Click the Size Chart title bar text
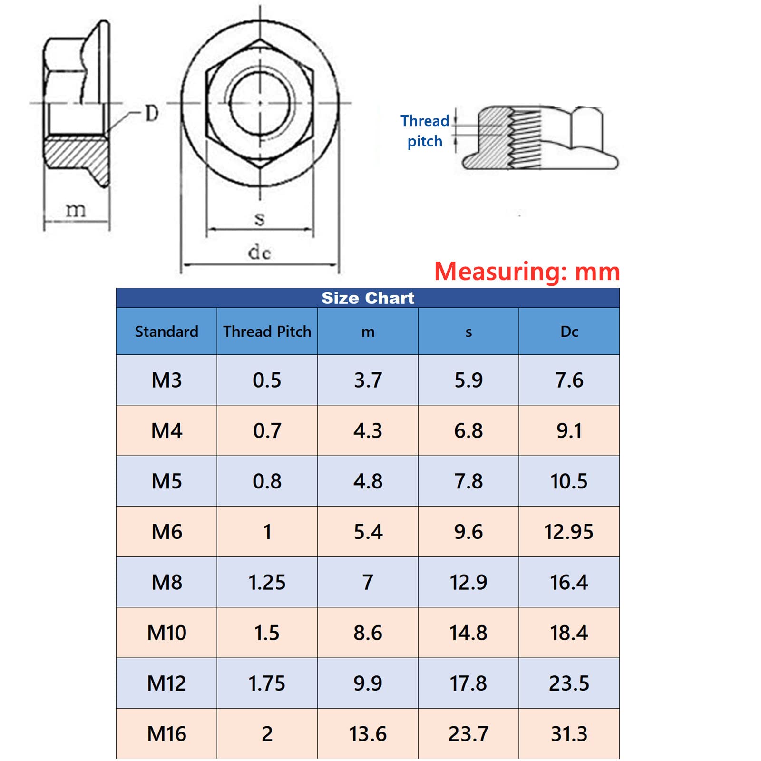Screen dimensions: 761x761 click(x=368, y=298)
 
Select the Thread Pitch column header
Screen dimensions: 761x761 click(x=267, y=332)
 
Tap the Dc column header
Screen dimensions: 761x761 click(x=569, y=332)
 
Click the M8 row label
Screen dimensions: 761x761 click(x=166, y=582)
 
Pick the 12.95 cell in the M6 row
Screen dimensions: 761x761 click(x=569, y=532)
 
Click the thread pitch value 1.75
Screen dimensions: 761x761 click(x=267, y=683)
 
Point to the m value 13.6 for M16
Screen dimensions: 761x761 click(x=368, y=734)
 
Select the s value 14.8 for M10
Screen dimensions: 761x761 click(x=468, y=633)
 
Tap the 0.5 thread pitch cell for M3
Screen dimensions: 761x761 click(x=267, y=380)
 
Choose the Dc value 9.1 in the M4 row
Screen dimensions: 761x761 click(x=569, y=431)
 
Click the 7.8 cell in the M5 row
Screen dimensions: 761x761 click(x=468, y=481)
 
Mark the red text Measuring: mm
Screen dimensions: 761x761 click(x=527, y=272)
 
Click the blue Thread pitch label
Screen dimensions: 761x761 click(x=425, y=131)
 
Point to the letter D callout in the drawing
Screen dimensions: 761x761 click(x=151, y=114)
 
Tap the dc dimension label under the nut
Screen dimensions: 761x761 click(x=260, y=252)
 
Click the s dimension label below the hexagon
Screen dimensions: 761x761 click(x=259, y=219)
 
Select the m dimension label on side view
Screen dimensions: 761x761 click(x=76, y=210)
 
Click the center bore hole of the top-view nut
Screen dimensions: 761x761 click(x=260, y=102)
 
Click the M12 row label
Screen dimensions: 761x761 click(x=166, y=683)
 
